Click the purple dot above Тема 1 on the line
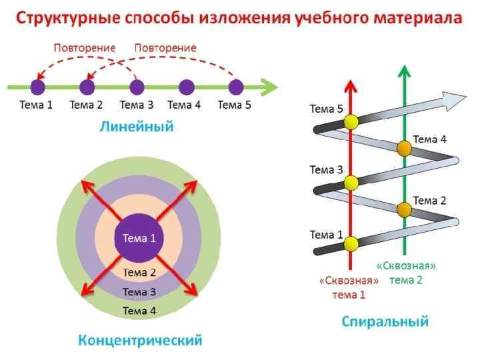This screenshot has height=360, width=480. point(38,87)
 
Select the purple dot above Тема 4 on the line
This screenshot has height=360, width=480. point(187,87)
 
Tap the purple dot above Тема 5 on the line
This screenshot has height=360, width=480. point(236,87)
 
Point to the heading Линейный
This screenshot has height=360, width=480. point(136,126)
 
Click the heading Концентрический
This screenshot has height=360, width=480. point(140,341)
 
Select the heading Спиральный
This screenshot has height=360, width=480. point(385,321)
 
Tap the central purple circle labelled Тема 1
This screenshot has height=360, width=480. point(139,238)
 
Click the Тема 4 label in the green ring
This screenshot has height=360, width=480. point(139,310)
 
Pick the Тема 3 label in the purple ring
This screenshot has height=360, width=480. point(139,291)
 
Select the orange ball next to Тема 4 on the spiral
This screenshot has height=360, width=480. point(404,149)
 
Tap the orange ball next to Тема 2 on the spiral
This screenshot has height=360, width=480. point(404,209)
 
